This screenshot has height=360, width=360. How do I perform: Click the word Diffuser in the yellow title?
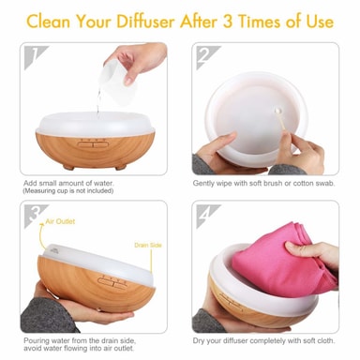[x=145, y=22]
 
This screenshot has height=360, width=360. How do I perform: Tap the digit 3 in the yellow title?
[x=227, y=22]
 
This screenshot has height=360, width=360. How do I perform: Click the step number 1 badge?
[x=36, y=57]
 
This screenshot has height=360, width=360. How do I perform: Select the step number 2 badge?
[x=208, y=57]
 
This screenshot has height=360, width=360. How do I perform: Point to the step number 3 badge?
[x=36, y=216]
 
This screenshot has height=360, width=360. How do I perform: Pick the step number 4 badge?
[x=208, y=216]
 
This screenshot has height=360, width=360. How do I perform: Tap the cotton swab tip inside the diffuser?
[x=277, y=111]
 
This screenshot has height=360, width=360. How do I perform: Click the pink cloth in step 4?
[x=283, y=260]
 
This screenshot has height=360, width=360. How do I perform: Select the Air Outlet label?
[x=60, y=221]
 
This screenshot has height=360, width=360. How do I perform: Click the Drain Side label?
[x=148, y=246]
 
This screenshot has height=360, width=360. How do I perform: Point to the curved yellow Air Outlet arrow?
[x=41, y=236]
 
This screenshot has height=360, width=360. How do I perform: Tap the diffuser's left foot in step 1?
[x=68, y=167]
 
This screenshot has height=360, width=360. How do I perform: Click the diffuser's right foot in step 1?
[x=120, y=167]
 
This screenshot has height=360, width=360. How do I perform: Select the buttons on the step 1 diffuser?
[x=93, y=143]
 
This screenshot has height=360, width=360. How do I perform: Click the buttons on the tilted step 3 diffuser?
[x=112, y=282]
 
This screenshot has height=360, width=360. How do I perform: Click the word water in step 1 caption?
[x=104, y=184]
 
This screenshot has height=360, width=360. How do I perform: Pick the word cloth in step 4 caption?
[x=326, y=340]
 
